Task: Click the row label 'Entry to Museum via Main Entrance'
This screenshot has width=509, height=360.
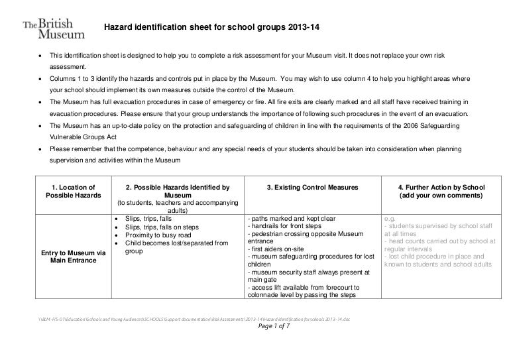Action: (73, 256)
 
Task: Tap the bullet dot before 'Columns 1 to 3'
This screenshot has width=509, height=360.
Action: (40, 78)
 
